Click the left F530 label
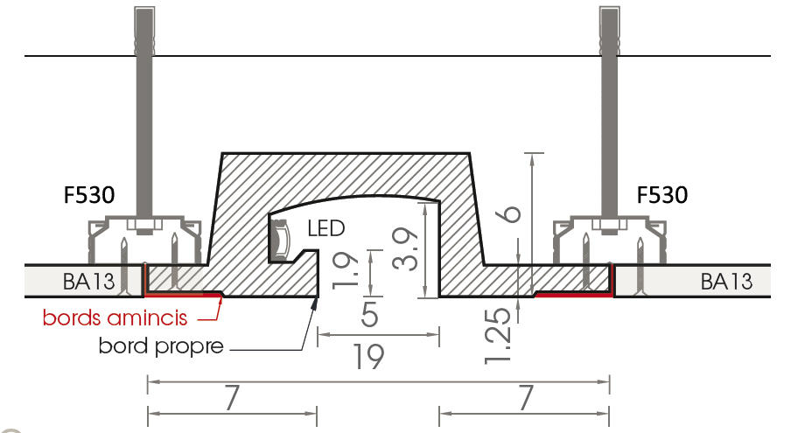pos(89,195)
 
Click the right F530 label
pos(662,195)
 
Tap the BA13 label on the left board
pos(89,282)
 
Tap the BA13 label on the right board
pos(726,282)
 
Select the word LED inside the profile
pos(326,228)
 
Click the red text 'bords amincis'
pos(115,318)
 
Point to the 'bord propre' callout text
pos(161,346)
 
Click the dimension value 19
pos(369,357)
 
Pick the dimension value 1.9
pos(346,269)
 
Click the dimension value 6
pos(510,213)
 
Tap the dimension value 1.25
pos(499,336)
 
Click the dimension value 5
pos(369,314)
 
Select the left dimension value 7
pos(232,398)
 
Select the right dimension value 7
pos(525,398)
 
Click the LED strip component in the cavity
pos(280,239)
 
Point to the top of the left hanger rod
pos(144,7)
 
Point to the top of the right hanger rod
pos(609,7)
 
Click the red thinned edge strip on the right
pos(573,295)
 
